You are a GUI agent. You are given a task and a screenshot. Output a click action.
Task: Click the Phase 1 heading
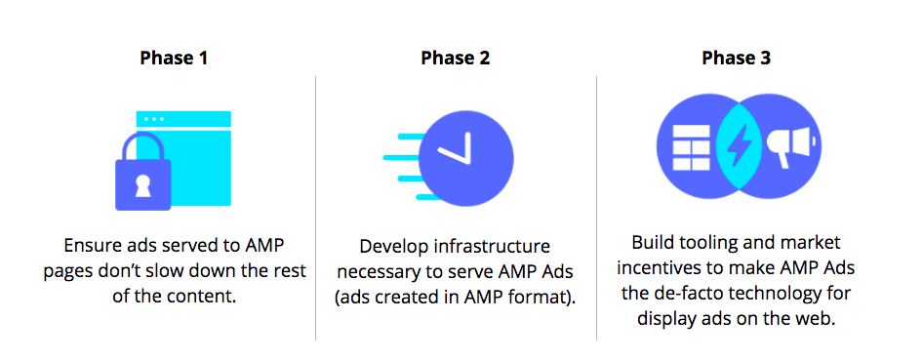point(174,59)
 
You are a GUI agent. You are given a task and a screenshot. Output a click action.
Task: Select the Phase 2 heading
point(455,59)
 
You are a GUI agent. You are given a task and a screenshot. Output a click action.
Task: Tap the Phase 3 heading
point(737,59)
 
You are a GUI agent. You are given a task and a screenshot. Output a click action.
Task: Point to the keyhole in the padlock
point(142,184)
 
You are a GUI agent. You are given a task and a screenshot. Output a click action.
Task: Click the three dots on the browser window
point(155,119)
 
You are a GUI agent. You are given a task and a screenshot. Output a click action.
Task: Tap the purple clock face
point(466,159)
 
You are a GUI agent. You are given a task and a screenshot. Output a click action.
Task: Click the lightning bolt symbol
point(738,145)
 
